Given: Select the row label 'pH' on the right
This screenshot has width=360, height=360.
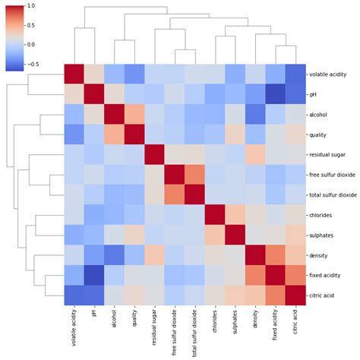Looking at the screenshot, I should coord(312,95).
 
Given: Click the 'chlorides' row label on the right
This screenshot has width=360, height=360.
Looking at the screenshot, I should coord(321,213).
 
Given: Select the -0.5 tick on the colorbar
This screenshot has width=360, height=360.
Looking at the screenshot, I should coord(30,64).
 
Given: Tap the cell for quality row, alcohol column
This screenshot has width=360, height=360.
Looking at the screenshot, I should coord(115,134).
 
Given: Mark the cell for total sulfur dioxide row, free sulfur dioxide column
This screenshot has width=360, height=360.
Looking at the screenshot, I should coord(174,194).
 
